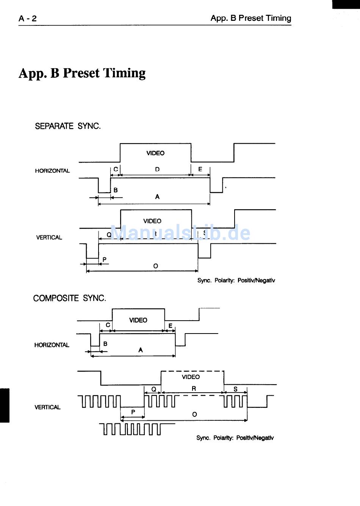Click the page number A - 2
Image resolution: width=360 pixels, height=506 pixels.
[28, 18]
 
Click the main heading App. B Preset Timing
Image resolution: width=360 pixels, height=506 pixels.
[82, 73]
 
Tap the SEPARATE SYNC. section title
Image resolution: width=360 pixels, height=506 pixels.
[68, 126]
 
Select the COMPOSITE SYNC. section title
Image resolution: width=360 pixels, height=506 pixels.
[70, 298]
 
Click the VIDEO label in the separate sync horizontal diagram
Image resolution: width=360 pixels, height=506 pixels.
[155, 153]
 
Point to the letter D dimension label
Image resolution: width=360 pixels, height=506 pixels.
[157, 169]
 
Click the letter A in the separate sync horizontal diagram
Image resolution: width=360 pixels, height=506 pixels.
[157, 197]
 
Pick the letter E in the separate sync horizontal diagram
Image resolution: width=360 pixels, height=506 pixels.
[200, 169]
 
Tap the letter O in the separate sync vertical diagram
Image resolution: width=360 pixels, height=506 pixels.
[155, 266]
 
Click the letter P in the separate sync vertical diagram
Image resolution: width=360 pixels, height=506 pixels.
[105, 260]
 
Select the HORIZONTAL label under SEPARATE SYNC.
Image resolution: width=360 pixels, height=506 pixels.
[52, 171]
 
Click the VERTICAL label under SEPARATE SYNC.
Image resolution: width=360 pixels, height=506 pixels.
[49, 238]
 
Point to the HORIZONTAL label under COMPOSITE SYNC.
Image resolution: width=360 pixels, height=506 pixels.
[52, 345]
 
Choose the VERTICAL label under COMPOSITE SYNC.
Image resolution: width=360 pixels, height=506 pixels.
[47, 407]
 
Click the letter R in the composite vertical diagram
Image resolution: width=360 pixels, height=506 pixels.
[194, 389]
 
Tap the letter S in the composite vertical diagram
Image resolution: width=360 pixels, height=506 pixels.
[235, 389]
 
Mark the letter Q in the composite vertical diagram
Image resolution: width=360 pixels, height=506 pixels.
[153, 389]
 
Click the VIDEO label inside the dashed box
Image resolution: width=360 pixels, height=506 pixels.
[191, 377]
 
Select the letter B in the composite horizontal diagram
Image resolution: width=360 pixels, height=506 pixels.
[105, 344]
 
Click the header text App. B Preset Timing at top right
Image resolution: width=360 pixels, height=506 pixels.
[251, 18]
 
